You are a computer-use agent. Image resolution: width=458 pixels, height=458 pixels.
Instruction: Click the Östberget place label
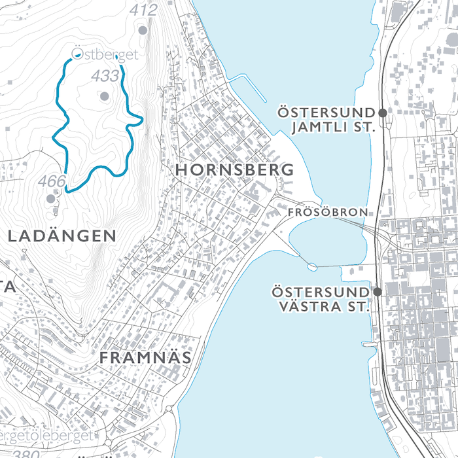pyautogui.click(x=105, y=55)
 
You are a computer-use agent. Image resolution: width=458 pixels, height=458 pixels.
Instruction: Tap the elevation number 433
pyautogui.click(x=105, y=77)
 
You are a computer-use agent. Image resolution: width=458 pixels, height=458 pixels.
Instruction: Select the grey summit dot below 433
pyautogui.click(x=104, y=96)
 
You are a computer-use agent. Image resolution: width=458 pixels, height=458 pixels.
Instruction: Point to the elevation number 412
pyautogui.click(x=143, y=10)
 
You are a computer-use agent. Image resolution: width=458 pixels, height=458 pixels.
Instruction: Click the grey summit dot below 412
pyautogui.click(x=143, y=29)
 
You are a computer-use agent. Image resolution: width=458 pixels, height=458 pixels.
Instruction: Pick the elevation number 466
pyautogui.click(x=52, y=181)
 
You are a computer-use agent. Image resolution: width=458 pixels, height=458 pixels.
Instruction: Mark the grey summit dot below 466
pyautogui.click(x=51, y=198)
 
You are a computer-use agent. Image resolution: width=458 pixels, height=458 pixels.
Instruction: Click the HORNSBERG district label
pyautogui.click(x=234, y=170)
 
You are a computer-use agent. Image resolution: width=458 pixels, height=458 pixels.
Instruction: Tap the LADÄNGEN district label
pyautogui.click(x=62, y=236)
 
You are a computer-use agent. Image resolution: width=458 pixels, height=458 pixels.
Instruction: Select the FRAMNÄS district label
pyautogui.click(x=145, y=358)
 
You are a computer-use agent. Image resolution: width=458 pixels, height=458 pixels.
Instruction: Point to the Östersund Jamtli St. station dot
pyautogui.click(x=383, y=113)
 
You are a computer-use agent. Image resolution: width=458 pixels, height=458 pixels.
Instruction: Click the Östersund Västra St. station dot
pyautogui.click(x=378, y=291)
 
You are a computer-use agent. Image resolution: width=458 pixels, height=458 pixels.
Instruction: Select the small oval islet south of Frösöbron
pyautogui.click(x=311, y=266)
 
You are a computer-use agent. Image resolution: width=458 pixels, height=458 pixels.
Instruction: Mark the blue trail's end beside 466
pyautogui.click(x=66, y=191)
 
